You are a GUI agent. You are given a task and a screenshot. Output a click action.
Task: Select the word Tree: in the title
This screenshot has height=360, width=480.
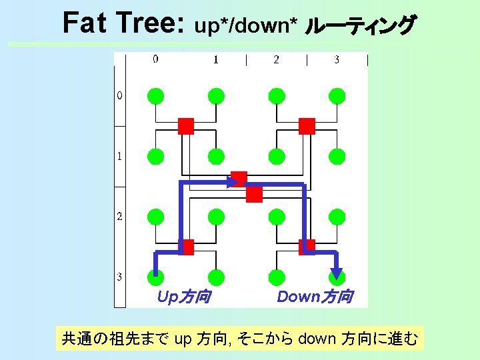148,23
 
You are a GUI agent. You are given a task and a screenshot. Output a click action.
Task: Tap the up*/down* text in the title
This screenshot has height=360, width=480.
245,25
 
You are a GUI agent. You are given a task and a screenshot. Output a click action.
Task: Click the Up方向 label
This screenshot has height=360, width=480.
183,297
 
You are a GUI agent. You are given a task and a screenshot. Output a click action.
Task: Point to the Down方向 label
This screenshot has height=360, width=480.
315,297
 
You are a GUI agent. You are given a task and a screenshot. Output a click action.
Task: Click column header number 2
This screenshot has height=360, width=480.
276,59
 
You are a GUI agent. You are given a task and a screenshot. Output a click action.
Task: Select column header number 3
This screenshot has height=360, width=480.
337,59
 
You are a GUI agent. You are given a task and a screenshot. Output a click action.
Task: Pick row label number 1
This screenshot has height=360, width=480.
119,157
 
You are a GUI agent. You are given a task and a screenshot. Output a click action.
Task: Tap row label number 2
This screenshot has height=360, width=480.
119,217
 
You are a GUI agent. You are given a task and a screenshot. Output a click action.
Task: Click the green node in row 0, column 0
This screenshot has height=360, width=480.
155,96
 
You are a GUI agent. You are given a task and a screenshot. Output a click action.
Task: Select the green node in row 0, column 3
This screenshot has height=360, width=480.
337,96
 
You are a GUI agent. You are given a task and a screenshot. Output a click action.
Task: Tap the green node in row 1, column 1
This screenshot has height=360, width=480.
216,157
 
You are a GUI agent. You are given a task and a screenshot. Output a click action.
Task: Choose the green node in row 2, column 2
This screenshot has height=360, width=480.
277,217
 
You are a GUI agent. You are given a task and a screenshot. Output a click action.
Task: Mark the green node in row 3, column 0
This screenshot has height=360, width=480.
155,276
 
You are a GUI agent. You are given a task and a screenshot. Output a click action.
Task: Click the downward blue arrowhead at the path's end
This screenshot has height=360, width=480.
337,273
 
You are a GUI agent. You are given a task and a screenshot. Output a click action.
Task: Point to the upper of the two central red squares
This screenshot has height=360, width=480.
239,179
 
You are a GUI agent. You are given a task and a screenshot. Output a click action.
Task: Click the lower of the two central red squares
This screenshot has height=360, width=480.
254,194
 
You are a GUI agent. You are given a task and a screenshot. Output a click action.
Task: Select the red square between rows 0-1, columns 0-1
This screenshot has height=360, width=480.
186,126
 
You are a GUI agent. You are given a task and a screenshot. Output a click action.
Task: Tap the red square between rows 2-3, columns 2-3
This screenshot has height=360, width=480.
307,247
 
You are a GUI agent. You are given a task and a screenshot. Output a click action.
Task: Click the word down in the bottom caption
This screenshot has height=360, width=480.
317,339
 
